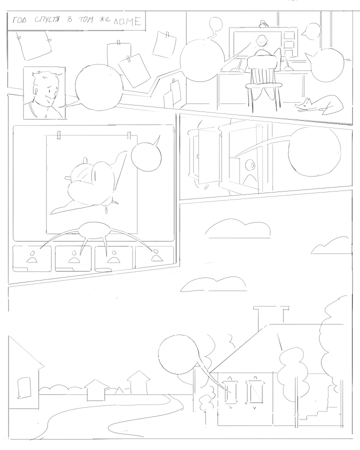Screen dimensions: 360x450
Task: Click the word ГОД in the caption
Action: click(x=19, y=20)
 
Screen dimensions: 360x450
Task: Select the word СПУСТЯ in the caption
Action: click(x=47, y=20)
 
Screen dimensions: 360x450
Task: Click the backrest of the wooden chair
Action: click(x=263, y=68)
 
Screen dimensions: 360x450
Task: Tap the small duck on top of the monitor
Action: click(x=262, y=24)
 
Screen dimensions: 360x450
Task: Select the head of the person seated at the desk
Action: click(x=261, y=40)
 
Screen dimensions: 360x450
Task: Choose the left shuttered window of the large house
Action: click(x=230, y=391)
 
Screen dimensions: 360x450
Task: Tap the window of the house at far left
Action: click(x=24, y=387)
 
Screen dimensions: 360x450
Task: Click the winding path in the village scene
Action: click(x=115, y=413)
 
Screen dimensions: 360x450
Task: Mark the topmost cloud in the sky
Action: click(x=238, y=228)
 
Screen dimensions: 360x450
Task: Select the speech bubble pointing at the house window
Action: click(x=178, y=354)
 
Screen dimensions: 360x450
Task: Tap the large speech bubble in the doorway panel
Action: click(x=314, y=151)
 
